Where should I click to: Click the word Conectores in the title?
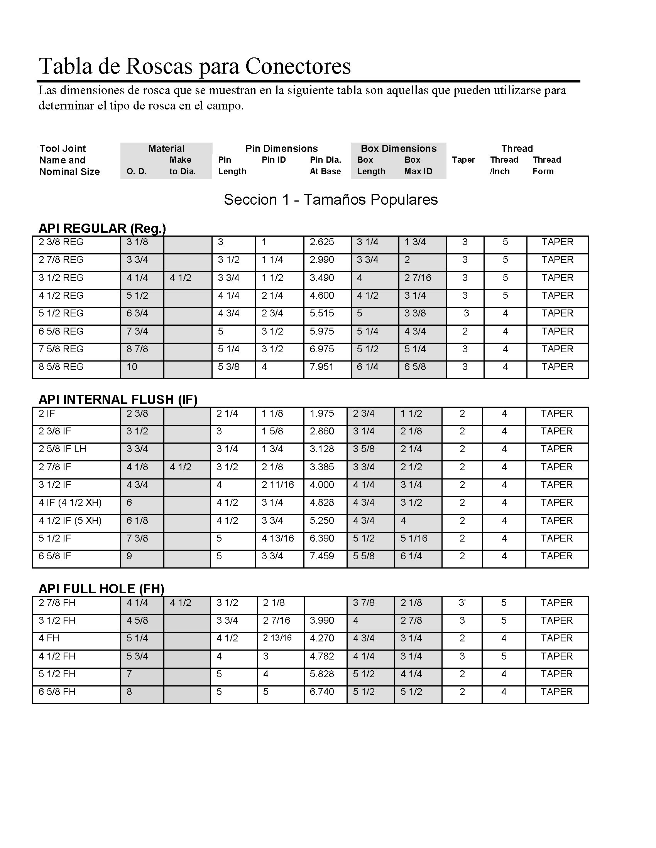(298, 66)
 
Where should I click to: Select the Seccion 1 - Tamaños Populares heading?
(331, 200)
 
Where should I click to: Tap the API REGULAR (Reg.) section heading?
(102, 228)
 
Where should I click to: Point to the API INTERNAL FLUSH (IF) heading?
(118, 400)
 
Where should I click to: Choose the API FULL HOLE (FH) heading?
(101, 589)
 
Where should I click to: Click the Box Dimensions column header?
(398, 149)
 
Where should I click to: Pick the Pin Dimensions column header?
(281, 149)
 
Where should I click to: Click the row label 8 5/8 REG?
(61, 367)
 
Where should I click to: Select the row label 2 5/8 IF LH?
(62, 449)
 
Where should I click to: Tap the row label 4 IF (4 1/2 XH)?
(70, 503)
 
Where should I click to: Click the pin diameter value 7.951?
(321, 367)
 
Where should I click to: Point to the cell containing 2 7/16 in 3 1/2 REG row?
(418, 278)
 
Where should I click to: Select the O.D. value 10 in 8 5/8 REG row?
(132, 367)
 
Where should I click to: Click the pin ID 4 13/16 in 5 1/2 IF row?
(277, 538)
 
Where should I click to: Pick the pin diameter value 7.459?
(321, 556)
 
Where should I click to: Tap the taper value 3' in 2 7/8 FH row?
(462, 603)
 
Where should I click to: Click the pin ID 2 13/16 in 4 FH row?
(277, 638)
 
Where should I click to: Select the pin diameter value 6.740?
(321, 692)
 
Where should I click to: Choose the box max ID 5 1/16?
(414, 538)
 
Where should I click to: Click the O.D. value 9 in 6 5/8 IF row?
(129, 556)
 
